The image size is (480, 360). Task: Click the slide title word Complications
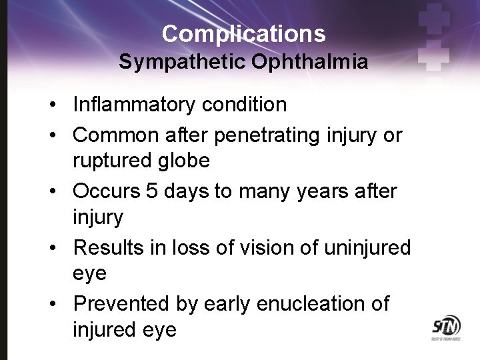click(243, 33)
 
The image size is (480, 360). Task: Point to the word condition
click(249, 105)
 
